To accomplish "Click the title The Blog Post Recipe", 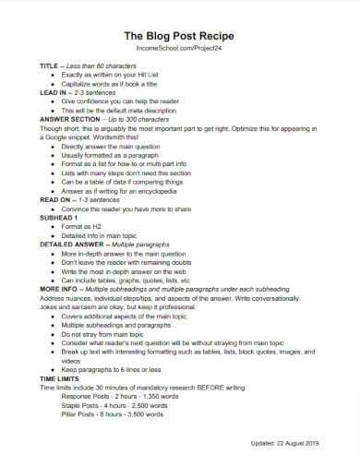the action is pyautogui.click(x=179, y=35).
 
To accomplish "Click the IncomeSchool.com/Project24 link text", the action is pyautogui.click(x=179, y=49).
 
